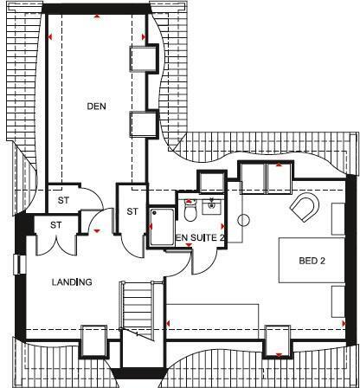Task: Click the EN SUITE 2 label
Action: tap(201, 236)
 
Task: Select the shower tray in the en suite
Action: tap(162, 226)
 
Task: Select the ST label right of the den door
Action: tap(132, 211)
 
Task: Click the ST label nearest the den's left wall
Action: tap(63, 199)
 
